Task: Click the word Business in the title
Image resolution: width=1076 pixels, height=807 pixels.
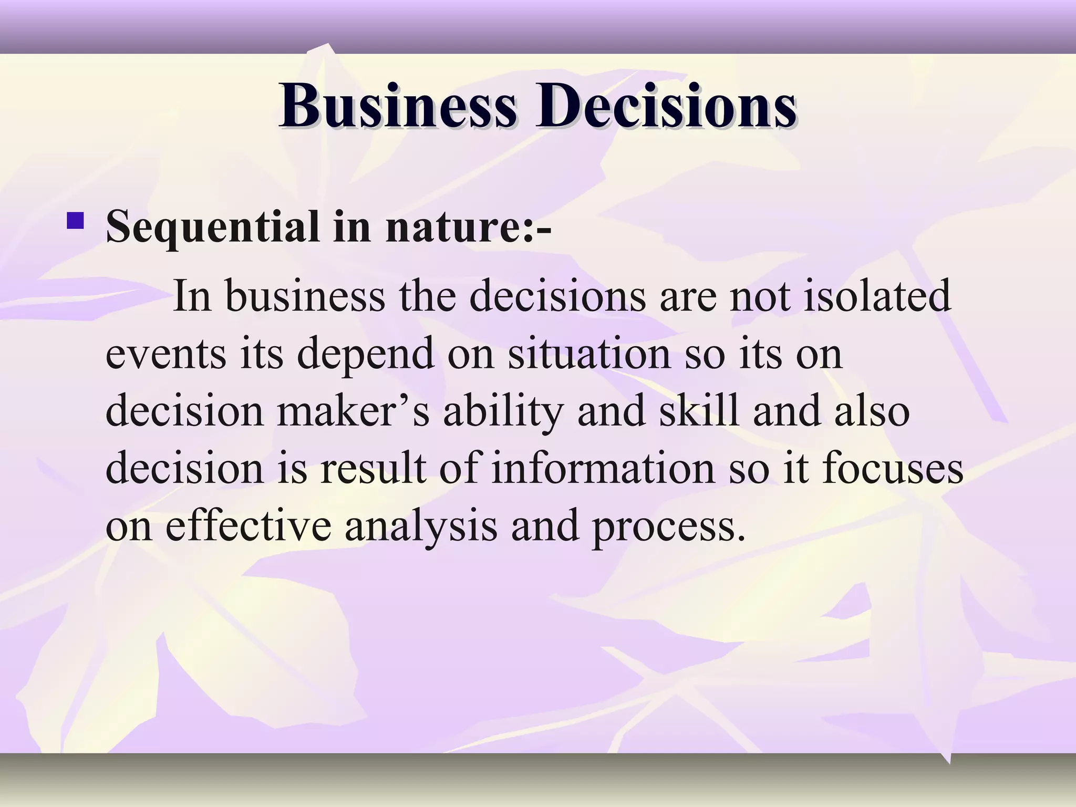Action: (x=398, y=107)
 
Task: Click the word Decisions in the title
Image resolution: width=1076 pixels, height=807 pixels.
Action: (x=666, y=107)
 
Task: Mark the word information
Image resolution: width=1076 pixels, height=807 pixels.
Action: (x=603, y=468)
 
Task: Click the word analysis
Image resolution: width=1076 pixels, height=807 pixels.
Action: (x=420, y=526)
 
